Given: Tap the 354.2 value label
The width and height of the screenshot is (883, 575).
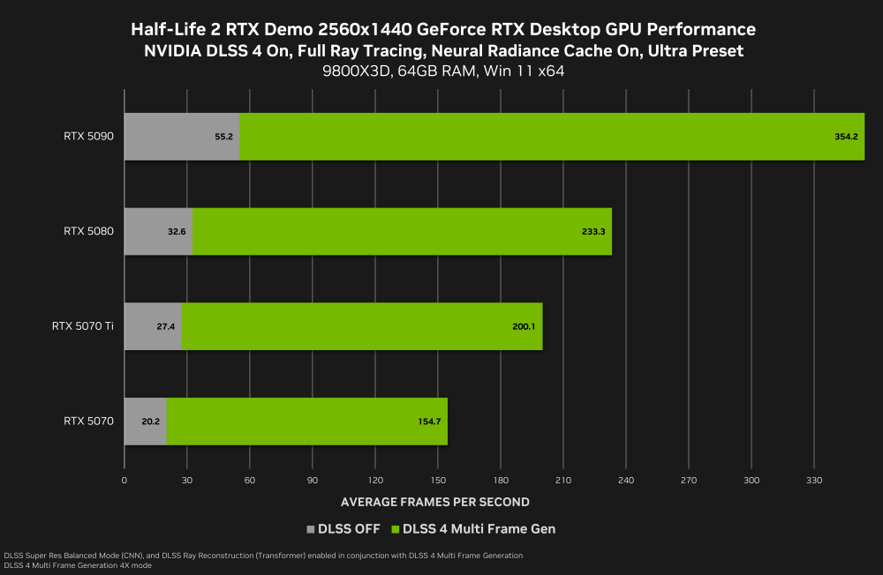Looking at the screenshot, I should point(846,137).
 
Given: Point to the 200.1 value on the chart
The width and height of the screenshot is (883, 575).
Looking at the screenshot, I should point(523,326).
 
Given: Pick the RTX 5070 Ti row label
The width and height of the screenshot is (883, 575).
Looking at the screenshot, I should point(82,326).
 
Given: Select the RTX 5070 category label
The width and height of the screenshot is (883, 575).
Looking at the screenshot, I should point(88,422).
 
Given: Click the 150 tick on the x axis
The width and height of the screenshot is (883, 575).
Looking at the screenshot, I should point(438,481).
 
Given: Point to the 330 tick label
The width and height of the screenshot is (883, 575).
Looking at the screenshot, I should point(814,481).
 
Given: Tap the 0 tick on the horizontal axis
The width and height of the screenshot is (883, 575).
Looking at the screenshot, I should point(125,481).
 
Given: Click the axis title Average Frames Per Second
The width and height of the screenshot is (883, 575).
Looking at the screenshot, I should point(434,502).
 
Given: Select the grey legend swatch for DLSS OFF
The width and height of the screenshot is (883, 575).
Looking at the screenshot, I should point(310,529).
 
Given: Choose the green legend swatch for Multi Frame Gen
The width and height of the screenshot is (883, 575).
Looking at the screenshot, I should point(395,529).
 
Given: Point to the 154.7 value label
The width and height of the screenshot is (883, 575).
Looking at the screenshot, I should point(429,422).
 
